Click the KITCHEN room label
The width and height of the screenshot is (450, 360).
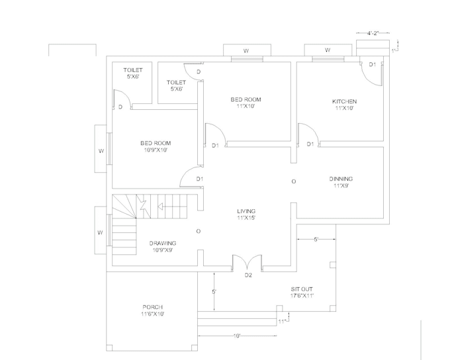pos(344,101)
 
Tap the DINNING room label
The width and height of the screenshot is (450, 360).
pos(342,179)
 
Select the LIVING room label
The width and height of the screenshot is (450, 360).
pos(246,210)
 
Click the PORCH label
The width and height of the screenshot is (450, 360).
pos(152,307)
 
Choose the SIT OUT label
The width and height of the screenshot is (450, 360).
pos(302,289)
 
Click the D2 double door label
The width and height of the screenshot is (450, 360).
pos(249,275)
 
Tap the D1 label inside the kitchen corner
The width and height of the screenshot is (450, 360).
pos(372,64)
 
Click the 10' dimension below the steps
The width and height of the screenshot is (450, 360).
pos(236,336)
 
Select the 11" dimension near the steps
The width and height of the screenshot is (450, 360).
pos(281,322)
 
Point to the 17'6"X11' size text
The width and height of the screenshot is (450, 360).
pos(302,296)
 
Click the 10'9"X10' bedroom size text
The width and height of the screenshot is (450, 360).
pos(156,150)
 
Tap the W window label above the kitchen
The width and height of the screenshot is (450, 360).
pos(327,50)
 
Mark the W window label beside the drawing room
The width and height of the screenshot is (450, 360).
pos(101,232)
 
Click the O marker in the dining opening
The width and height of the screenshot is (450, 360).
pos(294,181)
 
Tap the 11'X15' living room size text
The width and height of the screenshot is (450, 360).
pos(246,217)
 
